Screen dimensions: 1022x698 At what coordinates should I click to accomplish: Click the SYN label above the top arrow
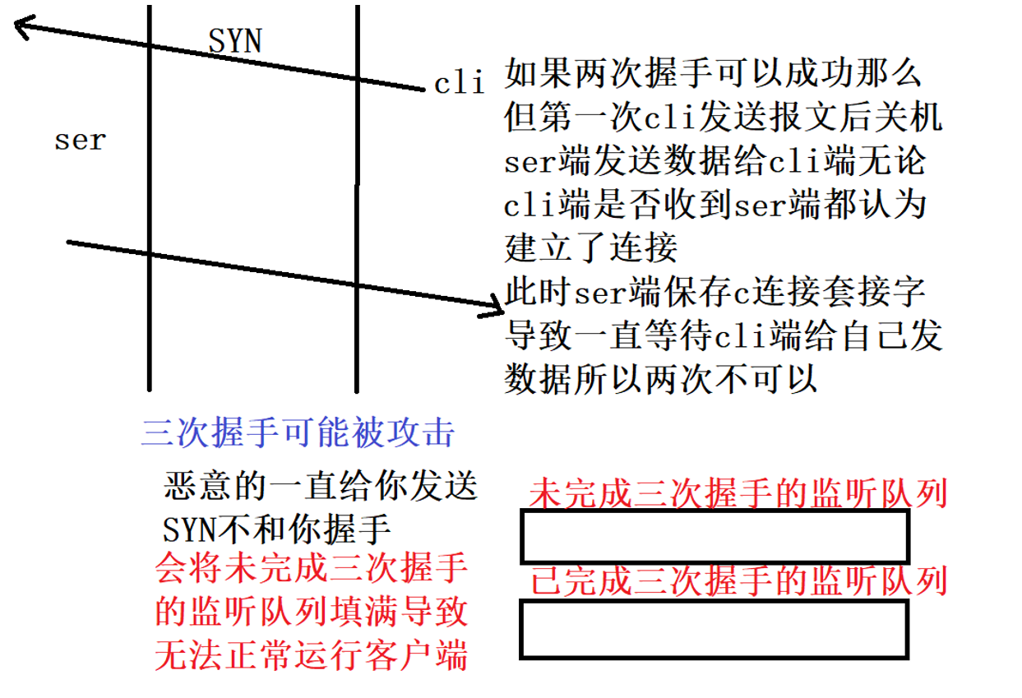click(x=235, y=40)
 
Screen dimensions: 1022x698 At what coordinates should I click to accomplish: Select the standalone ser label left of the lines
click(x=81, y=141)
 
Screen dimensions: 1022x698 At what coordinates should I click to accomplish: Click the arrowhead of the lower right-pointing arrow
click(x=494, y=310)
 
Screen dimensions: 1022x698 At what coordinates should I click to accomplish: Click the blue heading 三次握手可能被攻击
click(x=298, y=432)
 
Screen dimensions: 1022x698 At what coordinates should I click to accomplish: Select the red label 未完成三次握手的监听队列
click(x=738, y=494)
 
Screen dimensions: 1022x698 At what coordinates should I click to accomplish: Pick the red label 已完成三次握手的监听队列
click(x=738, y=581)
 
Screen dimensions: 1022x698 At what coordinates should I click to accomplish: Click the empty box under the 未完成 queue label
click(x=714, y=536)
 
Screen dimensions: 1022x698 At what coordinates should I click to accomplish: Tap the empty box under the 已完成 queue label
click(x=714, y=629)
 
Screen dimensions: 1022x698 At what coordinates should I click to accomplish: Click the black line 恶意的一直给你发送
click(x=321, y=486)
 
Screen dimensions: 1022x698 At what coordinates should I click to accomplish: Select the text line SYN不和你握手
click(x=276, y=529)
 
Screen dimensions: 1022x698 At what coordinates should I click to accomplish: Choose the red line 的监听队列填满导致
click(x=312, y=612)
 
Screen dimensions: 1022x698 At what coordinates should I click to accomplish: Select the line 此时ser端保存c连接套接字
click(x=715, y=292)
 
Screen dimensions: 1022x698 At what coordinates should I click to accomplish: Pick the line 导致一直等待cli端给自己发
click(x=723, y=335)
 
